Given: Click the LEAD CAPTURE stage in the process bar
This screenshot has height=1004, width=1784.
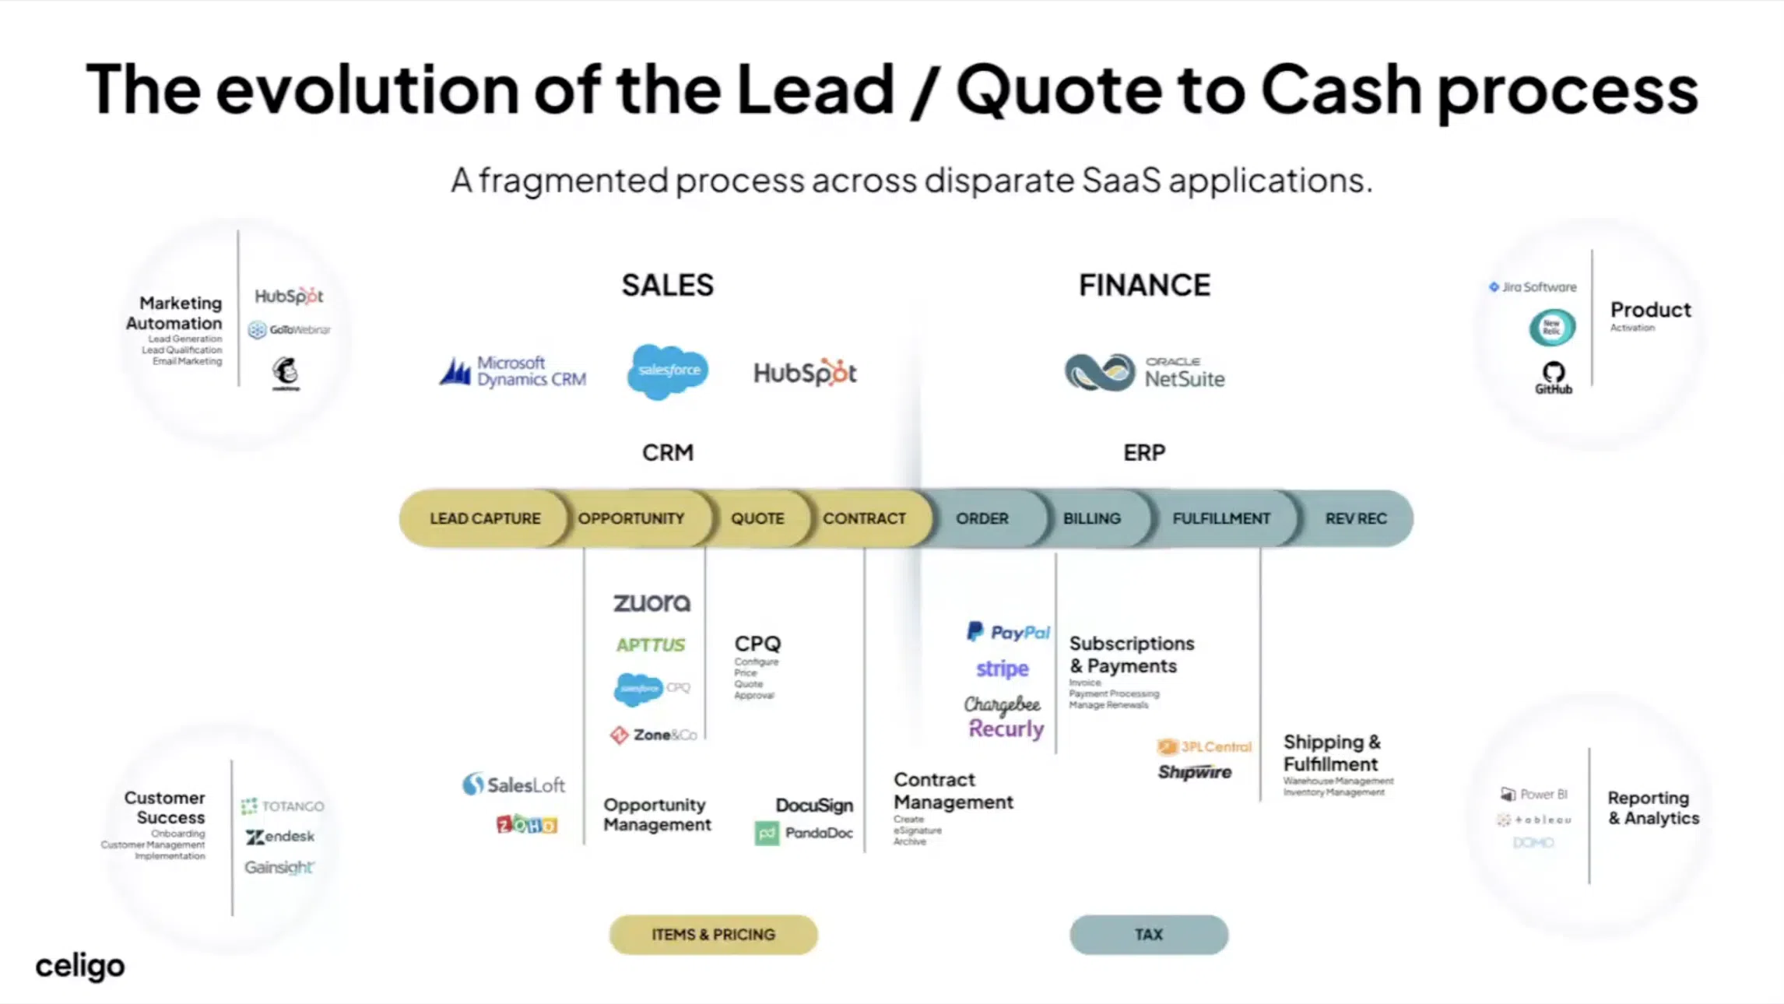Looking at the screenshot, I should tap(484, 518).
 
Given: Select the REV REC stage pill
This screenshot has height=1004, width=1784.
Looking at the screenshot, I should tap(1355, 518).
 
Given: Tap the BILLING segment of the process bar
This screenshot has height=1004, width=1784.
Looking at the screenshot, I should tap(1091, 518).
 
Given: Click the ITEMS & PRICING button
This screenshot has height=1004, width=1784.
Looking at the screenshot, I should tap(713, 935).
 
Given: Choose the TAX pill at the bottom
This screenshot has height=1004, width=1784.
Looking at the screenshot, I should tap(1148, 935).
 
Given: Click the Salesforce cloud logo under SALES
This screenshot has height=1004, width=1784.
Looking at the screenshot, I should tap(668, 371).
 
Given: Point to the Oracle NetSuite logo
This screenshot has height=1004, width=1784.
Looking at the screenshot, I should tap(1144, 373).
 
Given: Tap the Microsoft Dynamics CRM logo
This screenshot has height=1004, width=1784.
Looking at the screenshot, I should tap(514, 372).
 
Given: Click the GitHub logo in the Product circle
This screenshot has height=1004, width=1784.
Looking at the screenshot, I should tap(1553, 377).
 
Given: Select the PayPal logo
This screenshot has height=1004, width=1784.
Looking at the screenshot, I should tap(1008, 632).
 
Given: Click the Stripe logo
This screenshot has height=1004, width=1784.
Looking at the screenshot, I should tap(1003, 669).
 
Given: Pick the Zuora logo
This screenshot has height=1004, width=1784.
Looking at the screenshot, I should tap(651, 603).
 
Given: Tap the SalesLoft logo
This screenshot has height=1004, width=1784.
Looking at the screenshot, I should tap(514, 785).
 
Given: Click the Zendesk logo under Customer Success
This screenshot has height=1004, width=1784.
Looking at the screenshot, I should tap(280, 837).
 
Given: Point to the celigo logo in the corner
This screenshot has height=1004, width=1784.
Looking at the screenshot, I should tap(79, 966).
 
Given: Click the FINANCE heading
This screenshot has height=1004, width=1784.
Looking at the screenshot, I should tap(1144, 286).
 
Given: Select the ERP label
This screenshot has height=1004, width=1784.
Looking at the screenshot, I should tap(1143, 453).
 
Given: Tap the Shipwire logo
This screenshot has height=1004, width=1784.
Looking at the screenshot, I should tap(1194, 772).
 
